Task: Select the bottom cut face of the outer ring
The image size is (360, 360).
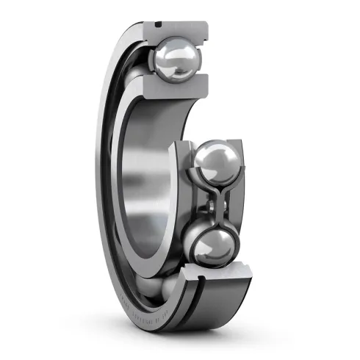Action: (x=224, y=283)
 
